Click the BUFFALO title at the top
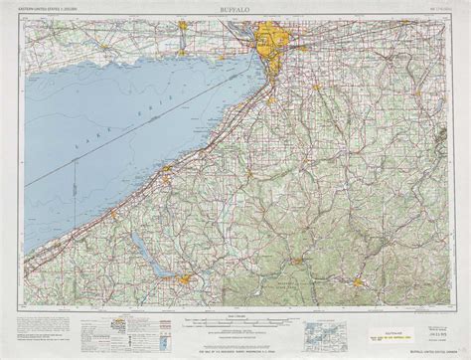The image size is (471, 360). pyautogui.click(x=235, y=7)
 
